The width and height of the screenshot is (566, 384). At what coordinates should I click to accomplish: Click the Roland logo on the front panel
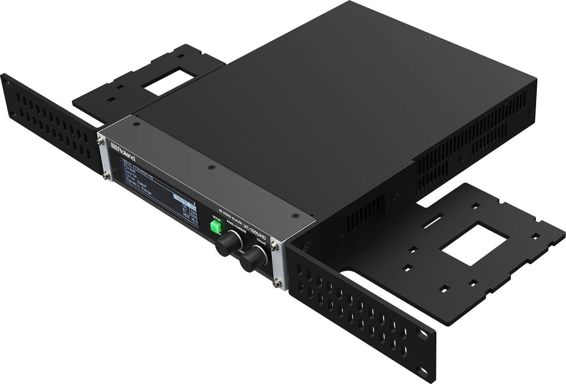coord(123,152)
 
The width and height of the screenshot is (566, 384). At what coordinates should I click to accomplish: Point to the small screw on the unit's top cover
coord(426,38)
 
